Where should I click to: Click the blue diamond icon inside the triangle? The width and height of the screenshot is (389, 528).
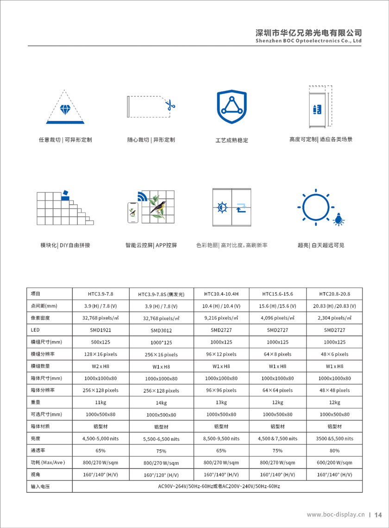(x=65, y=110)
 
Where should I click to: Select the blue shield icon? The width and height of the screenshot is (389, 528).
(x=232, y=107)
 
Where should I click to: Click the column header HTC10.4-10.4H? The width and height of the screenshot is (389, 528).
(x=221, y=294)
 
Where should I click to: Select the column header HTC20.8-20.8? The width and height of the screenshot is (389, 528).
(x=334, y=294)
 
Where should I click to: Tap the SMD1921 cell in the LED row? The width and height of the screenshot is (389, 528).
(x=100, y=330)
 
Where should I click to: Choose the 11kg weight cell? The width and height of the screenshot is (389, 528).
(x=100, y=402)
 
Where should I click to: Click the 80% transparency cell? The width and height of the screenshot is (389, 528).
(x=334, y=450)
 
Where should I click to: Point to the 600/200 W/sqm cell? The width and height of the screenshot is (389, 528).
(x=334, y=462)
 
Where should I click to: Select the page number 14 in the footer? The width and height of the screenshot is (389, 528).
(x=378, y=515)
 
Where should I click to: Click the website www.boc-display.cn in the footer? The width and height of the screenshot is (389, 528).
(x=336, y=515)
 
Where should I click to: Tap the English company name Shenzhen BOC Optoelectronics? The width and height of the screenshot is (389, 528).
(x=308, y=41)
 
